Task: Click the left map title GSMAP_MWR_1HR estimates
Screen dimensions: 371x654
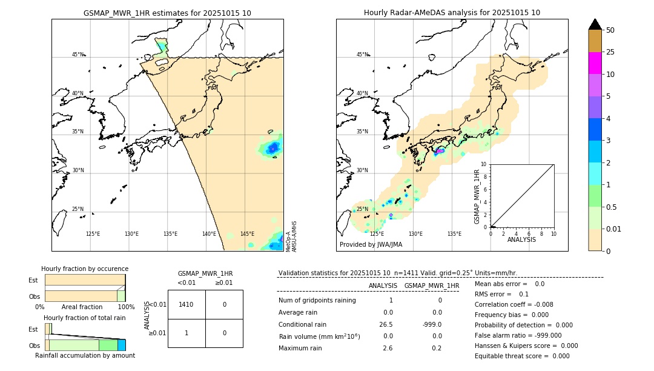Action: pos(167,13)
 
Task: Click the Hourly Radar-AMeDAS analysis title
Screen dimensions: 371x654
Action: pos(452,13)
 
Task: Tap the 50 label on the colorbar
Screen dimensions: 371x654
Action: pos(610,30)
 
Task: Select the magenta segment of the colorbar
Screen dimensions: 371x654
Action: pos(595,63)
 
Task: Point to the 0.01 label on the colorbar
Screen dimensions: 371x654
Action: pos(614,229)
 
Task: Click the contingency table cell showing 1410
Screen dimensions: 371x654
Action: pos(186,304)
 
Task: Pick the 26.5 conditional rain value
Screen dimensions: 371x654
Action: pos(388,324)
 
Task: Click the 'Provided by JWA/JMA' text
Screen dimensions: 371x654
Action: pos(371,245)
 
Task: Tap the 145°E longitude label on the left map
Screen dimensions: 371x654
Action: pos(247,234)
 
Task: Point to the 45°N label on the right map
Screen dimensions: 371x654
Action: pos(362,55)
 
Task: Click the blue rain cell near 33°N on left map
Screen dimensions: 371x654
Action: pos(273,147)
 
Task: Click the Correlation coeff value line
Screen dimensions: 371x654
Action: pos(514,304)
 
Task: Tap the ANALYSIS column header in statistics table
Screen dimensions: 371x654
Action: pos(383,286)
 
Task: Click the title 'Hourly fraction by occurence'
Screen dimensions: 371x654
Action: pos(85,269)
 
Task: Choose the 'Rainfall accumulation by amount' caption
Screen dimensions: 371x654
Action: pos(85,355)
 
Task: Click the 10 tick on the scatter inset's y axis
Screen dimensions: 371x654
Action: pos(484,164)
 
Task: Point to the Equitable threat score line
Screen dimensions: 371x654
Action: pos(522,356)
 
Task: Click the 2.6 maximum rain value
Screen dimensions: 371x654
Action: pos(388,348)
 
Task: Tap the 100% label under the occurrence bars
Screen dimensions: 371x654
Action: pos(126,307)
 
